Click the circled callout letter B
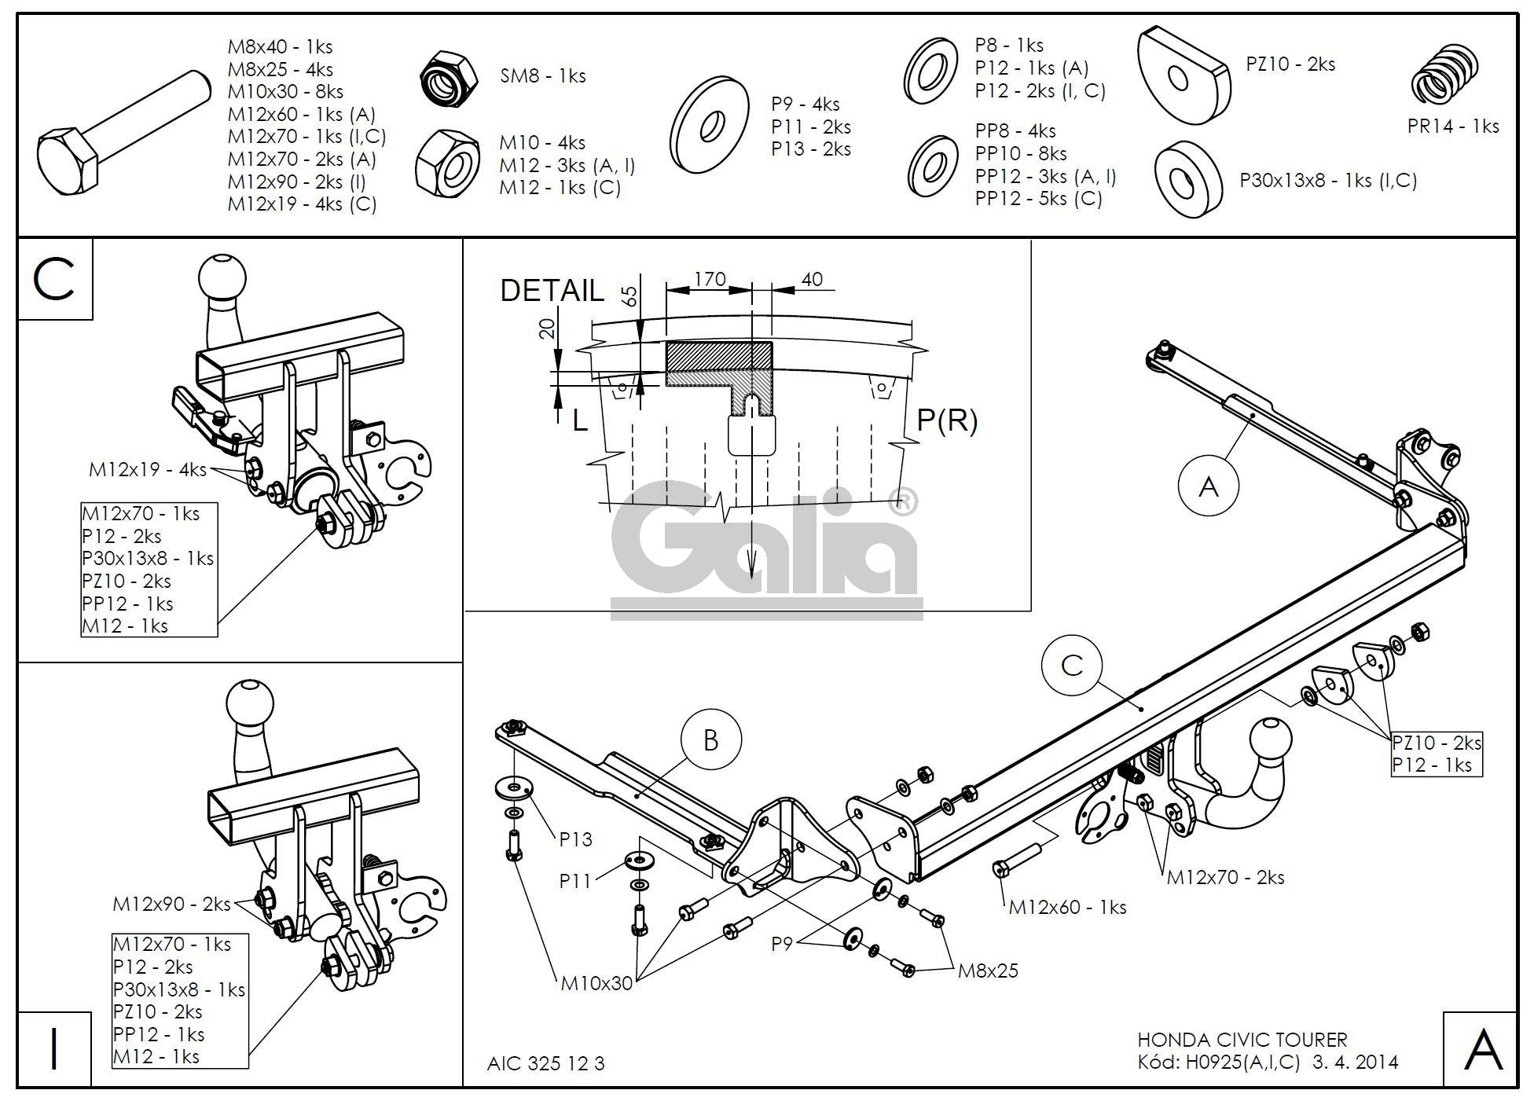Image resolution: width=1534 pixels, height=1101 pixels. (710, 740)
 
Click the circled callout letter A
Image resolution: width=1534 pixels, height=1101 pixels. (1208, 487)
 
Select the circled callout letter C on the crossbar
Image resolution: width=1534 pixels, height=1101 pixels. (1072, 666)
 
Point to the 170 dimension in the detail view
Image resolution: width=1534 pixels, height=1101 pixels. (710, 279)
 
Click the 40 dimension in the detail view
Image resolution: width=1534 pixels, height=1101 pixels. (812, 279)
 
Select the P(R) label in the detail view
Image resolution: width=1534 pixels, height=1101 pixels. (948, 421)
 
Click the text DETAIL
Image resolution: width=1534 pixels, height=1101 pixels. (552, 291)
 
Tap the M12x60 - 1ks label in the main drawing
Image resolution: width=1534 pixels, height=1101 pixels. (1067, 907)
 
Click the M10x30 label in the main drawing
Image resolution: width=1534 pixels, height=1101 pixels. (596, 982)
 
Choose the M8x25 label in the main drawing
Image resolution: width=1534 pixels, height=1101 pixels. (988, 971)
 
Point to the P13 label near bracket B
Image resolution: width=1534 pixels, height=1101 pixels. (575, 839)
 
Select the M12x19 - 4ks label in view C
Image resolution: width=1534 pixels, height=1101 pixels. (148, 470)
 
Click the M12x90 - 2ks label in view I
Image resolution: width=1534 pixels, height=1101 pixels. (172, 904)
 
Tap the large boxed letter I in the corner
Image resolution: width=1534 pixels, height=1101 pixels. (54, 1049)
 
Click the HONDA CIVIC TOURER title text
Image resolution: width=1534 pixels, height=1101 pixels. (1242, 1040)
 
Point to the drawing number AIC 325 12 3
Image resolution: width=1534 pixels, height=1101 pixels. (546, 1063)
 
